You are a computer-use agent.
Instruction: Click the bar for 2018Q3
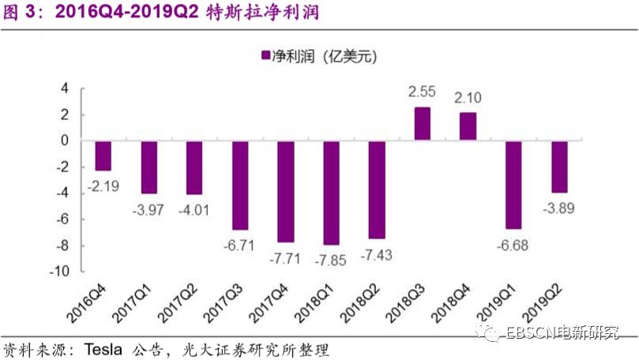(x=423, y=124)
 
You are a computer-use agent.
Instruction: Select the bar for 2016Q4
(x=103, y=156)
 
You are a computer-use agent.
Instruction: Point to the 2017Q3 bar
(x=240, y=185)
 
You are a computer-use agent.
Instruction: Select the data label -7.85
(x=331, y=258)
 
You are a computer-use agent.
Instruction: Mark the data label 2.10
(x=468, y=99)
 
